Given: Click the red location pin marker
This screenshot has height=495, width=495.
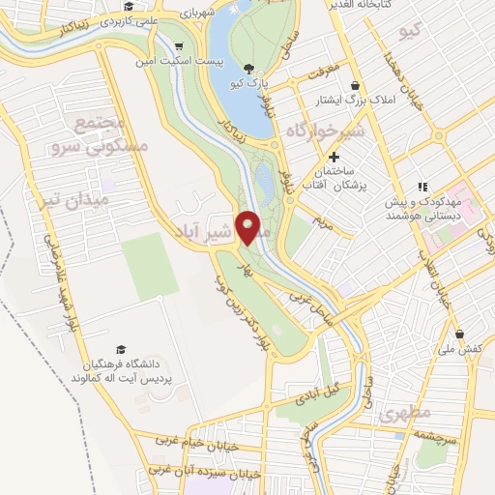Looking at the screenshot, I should pos(249,227).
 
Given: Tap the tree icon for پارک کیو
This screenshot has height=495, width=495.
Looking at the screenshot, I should pos(251,68).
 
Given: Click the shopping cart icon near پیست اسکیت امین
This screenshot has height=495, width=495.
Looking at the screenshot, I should pos(179,46).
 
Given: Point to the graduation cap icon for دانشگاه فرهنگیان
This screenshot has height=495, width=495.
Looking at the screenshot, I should pos(121,349).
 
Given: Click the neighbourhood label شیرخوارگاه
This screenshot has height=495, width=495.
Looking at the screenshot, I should pos(323,131).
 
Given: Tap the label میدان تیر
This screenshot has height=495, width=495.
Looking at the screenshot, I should pos(80,199).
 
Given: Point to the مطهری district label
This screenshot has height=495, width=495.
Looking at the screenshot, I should pos(403,414).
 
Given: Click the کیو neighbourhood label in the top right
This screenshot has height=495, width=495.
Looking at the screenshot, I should pos(411,33).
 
